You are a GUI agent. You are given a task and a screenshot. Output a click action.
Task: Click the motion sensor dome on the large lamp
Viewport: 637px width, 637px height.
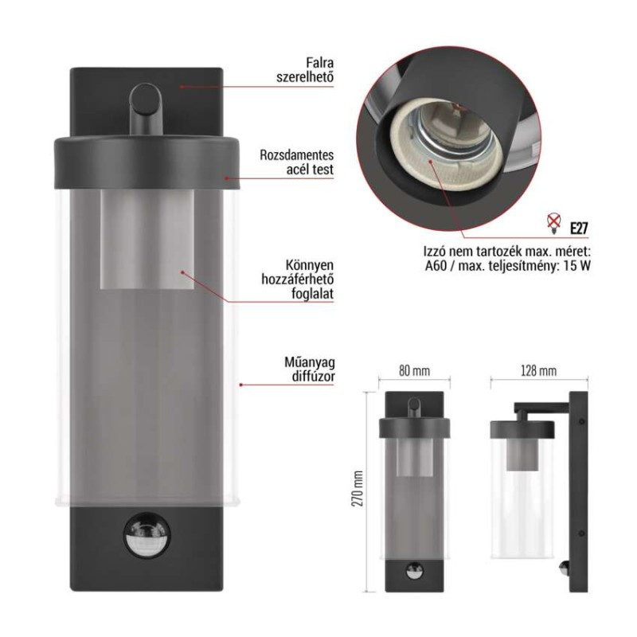pos(147,535)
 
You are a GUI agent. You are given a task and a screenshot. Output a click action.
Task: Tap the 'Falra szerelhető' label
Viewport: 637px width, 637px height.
pos(305,70)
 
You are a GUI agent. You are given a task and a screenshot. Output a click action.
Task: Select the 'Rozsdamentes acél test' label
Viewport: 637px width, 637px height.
pos(296,162)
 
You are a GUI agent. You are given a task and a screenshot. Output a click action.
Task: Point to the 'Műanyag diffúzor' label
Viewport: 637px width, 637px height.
pos(310,369)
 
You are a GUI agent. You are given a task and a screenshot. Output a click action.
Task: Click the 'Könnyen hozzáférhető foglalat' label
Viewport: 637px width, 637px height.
pos(298,279)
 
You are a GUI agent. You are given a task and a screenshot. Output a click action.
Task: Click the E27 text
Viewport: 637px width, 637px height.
pos(579,229)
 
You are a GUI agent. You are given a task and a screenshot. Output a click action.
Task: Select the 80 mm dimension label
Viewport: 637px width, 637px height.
pos(414,371)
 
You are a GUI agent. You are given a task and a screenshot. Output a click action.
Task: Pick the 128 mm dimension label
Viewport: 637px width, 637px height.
pos(539,371)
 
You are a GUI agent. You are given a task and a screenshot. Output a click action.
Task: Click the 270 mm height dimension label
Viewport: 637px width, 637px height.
pos(357,489)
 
